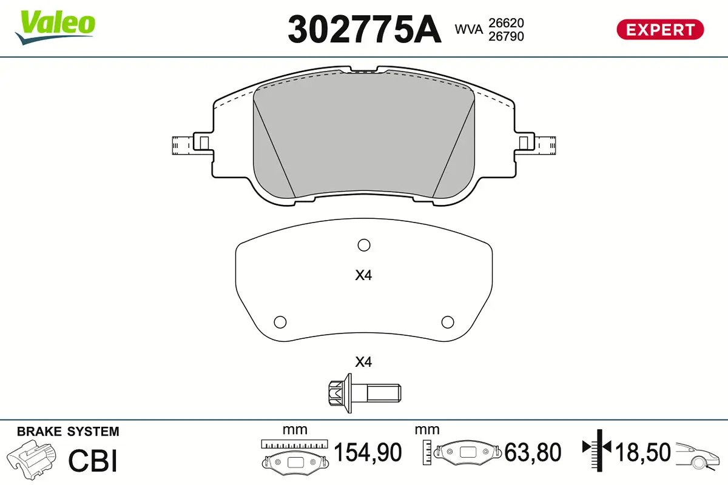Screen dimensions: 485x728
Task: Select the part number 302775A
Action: pos(364,28)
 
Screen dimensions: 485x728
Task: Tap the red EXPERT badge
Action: pos(660,29)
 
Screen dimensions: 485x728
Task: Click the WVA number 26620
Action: pos(506,22)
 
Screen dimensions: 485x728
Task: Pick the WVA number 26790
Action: pos(506,36)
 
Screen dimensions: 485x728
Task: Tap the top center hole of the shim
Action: pos(363,245)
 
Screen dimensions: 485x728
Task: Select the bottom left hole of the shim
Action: pos(280,321)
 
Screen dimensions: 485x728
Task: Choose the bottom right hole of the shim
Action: pos(447,321)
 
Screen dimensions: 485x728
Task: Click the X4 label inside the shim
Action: pos(363,276)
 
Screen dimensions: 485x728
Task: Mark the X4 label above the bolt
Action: pos(363,363)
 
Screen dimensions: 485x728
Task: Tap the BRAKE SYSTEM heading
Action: pos(68,432)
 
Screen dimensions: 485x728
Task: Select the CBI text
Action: pos(92,460)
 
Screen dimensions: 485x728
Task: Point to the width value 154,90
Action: pos(368,453)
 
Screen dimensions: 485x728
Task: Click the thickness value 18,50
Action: pos(643,453)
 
